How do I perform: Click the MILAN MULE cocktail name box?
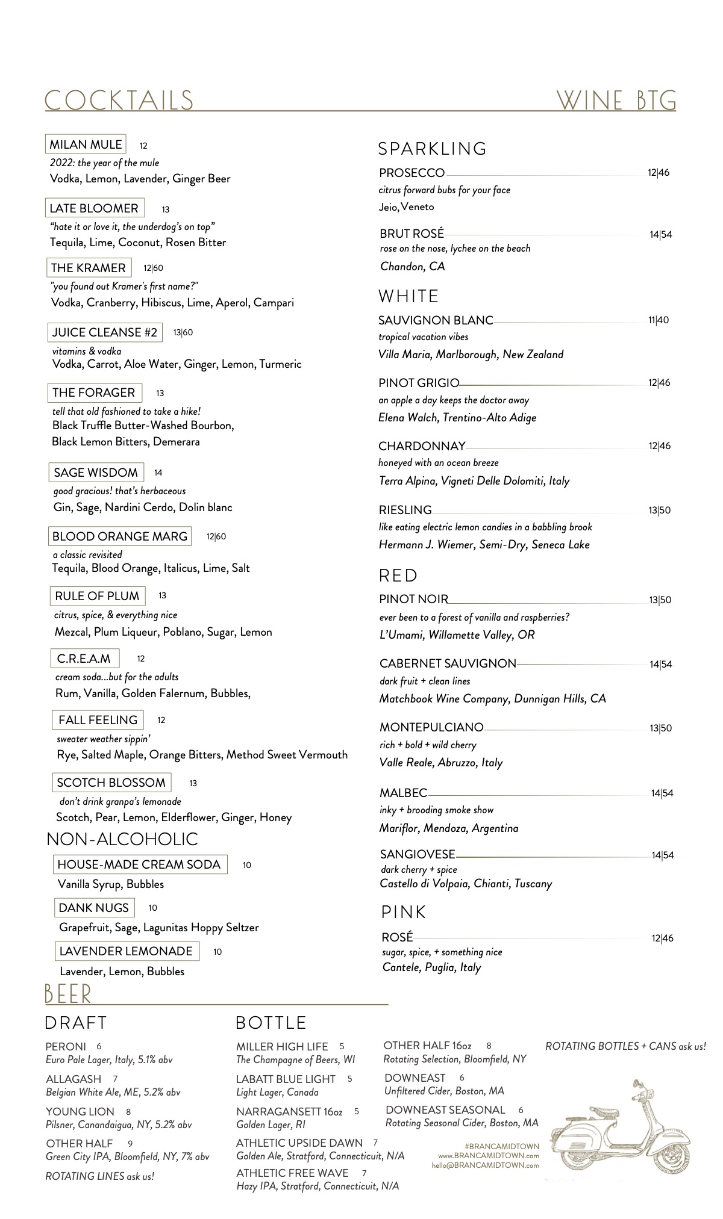click(86, 144)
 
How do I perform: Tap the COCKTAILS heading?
click(119, 101)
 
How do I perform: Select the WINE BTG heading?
click(616, 101)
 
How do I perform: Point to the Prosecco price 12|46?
click(659, 173)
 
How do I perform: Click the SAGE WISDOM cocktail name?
click(96, 473)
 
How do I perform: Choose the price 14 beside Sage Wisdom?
click(158, 473)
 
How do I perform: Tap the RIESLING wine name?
click(405, 510)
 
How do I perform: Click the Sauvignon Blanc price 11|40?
click(658, 320)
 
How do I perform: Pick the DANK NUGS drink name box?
click(94, 908)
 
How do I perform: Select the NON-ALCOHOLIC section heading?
click(122, 839)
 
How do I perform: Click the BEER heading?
click(67, 994)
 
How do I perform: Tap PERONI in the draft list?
click(66, 1047)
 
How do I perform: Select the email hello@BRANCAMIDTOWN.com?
click(485, 1165)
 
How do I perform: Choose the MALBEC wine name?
click(403, 793)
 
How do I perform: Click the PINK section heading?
click(404, 913)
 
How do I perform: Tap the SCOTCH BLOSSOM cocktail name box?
click(111, 783)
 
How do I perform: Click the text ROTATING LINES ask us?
click(99, 1176)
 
